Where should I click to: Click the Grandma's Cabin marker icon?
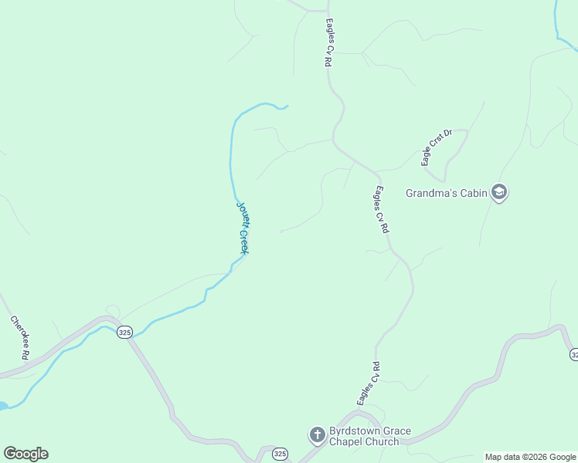pos(499,192)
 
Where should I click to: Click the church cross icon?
pos(317,436)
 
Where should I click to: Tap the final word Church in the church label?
pos(385,442)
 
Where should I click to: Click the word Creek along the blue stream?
pos(243,241)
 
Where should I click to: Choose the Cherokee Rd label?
pos(19,337)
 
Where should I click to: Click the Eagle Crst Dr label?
pos(436,147)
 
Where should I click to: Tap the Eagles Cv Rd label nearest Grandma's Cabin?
pos(382,209)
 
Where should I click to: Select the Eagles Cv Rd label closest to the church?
pos(368,384)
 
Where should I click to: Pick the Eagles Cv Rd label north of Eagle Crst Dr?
pos(328,42)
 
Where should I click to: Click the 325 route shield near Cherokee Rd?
pos(124,332)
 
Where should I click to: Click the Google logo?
pos(25,454)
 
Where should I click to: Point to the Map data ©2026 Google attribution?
pos(531,457)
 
